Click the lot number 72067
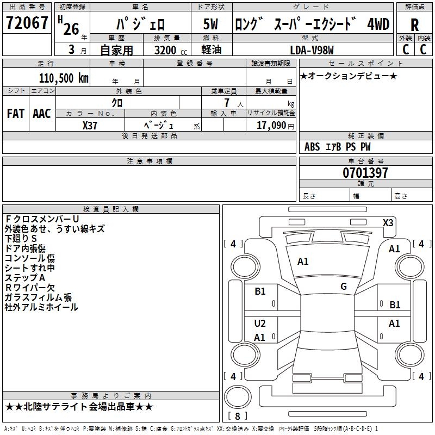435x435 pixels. pos(27,24)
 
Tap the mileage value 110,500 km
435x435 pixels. pos(64,78)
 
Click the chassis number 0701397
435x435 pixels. pos(365,173)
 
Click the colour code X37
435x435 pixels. pos(90,125)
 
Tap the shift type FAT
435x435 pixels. pos(16,114)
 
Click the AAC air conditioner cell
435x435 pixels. pos(42,114)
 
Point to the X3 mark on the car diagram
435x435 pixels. pos(388,222)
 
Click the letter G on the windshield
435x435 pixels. pos(344,287)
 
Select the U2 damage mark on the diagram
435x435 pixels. pos(260,324)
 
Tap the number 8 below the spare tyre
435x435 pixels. pos(237,416)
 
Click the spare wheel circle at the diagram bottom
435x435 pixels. pos(238,396)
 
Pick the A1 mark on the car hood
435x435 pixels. pos(303,262)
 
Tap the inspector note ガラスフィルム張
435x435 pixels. pos(38,297)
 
